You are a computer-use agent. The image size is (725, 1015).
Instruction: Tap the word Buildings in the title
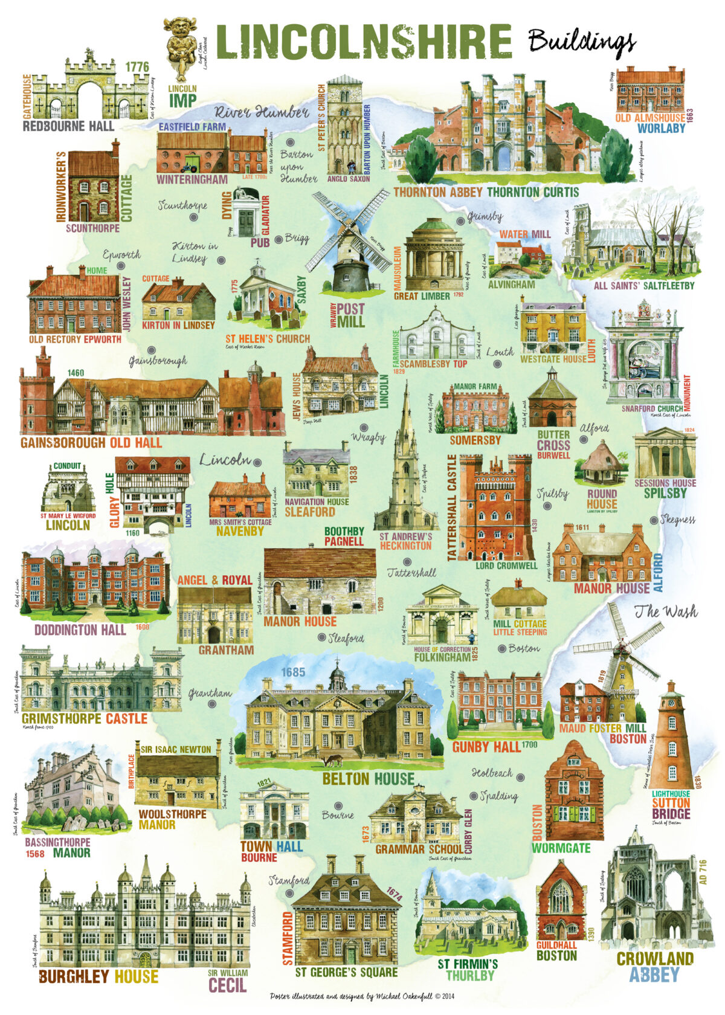point(581,42)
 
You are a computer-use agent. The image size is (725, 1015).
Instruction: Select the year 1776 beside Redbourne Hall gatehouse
point(137,66)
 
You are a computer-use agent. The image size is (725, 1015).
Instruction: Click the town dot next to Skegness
point(653,520)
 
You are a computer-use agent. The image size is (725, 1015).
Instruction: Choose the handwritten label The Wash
point(665,611)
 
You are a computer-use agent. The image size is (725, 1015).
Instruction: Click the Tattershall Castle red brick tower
point(495,507)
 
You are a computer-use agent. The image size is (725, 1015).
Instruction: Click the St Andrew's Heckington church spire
point(406,459)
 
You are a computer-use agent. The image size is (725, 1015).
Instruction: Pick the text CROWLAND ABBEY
point(654,967)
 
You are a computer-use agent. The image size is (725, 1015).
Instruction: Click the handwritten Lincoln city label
point(225,460)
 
